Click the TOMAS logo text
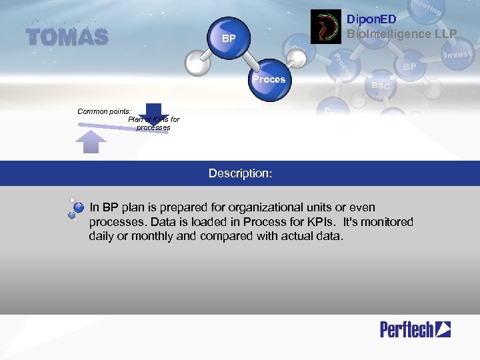pyautogui.click(x=67, y=37)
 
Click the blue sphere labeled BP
pyautogui.click(x=229, y=38)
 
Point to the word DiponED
pyautogui.click(x=372, y=20)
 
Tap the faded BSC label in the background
pyautogui.click(x=381, y=86)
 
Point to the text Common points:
pyautogui.click(x=104, y=111)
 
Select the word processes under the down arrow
pyautogui.click(x=153, y=127)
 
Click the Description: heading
pyautogui.click(x=240, y=173)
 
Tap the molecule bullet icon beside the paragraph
pyautogui.click(x=75, y=209)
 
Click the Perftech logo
pyautogui.click(x=415, y=329)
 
